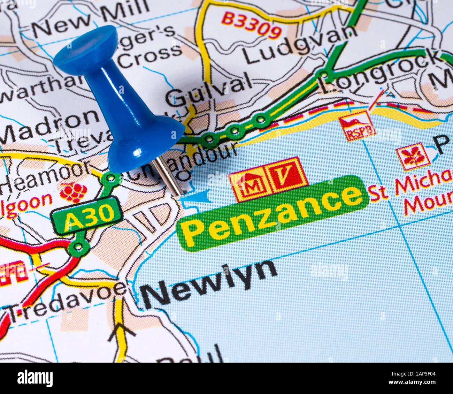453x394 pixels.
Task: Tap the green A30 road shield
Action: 87,216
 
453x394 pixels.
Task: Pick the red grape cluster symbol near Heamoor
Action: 74,192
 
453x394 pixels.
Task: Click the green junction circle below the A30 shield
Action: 79,247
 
